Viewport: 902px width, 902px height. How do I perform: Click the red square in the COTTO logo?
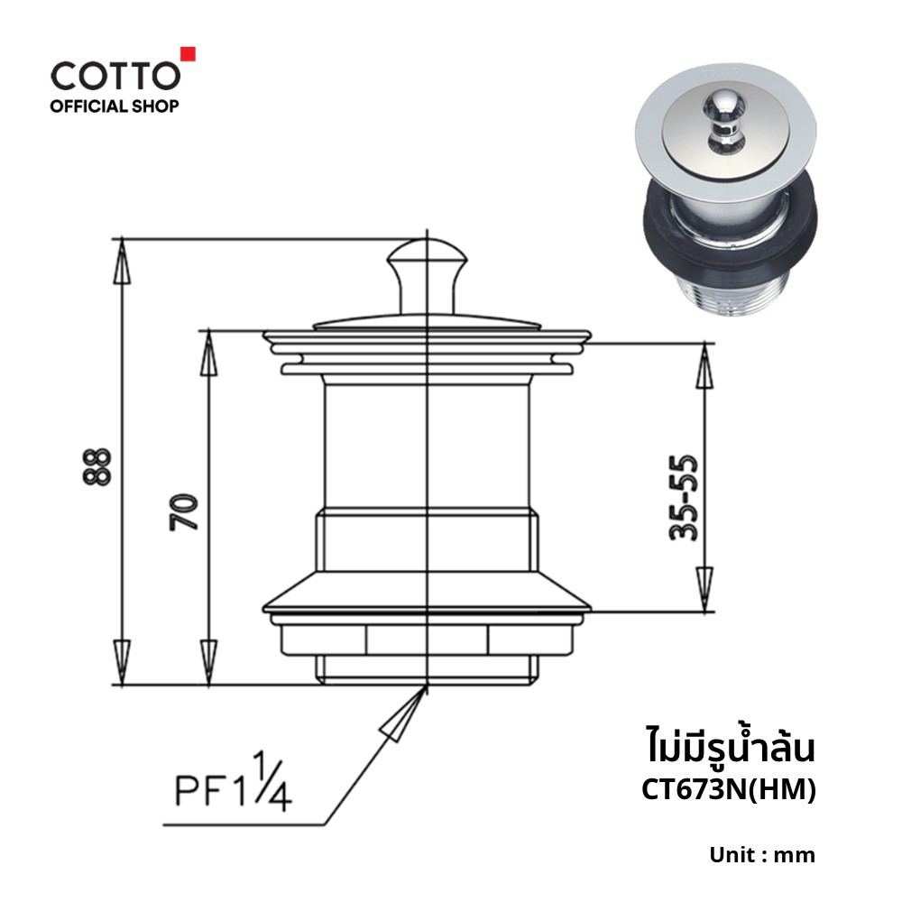(x=189, y=53)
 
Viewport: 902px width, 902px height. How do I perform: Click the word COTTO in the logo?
(x=115, y=76)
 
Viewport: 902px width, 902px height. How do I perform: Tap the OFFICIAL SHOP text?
(x=115, y=106)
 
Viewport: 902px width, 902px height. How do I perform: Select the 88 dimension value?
(x=97, y=466)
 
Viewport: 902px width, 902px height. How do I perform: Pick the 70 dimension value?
(x=183, y=512)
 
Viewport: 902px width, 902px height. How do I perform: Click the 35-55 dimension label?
(x=684, y=499)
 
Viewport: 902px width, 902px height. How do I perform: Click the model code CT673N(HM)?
(x=728, y=790)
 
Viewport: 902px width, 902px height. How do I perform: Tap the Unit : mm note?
(x=761, y=855)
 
